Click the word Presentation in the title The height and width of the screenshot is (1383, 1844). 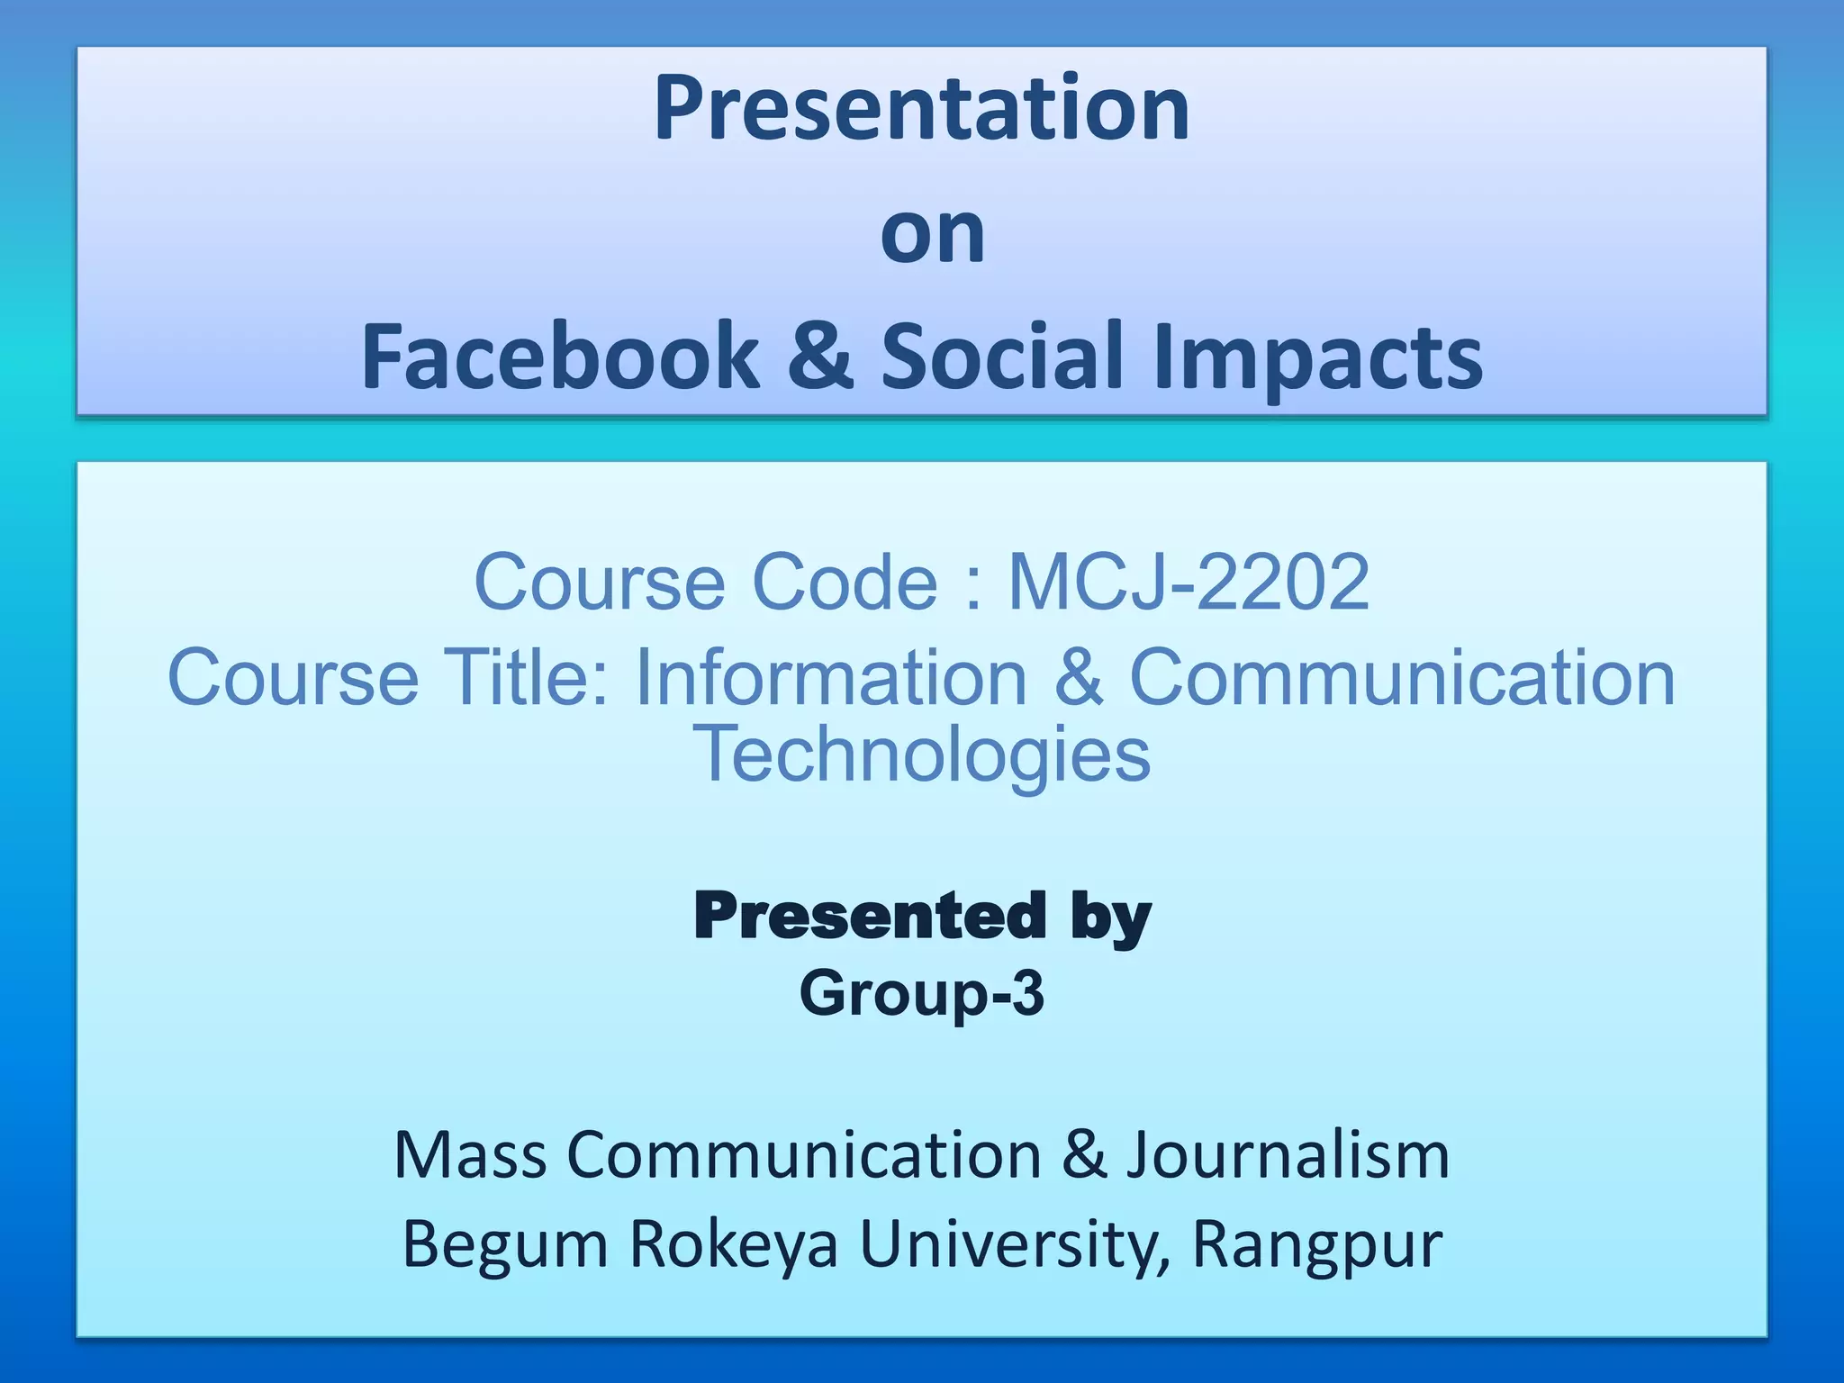click(921, 110)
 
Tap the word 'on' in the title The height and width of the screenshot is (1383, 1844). click(932, 234)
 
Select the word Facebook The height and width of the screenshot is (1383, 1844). click(560, 357)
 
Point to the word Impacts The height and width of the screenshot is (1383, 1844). click(1317, 358)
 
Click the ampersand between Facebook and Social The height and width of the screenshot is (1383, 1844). click(819, 357)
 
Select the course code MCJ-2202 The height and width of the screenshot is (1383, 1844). click(1189, 583)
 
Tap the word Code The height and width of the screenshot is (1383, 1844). click(844, 583)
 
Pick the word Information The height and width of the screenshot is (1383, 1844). click(831, 677)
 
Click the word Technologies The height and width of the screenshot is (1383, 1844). click(921, 755)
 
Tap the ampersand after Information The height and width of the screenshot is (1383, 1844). click(1078, 677)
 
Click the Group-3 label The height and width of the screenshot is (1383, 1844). click(921, 993)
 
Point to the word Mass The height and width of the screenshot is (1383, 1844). click(470, 1155)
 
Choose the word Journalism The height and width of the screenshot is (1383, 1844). click(1288, 1155)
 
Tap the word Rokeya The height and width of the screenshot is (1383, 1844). click(733, 1244)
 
